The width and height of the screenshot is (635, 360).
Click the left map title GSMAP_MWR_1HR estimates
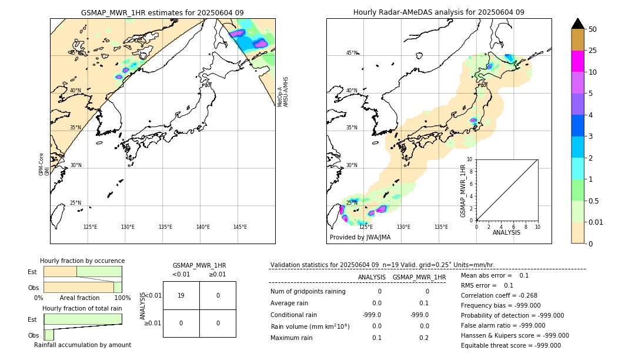pyautogui.click(x=162, y=12)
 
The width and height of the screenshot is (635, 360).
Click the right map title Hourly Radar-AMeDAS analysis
pyautogui.click(x=439, y=12)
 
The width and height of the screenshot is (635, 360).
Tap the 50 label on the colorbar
pyautogui.click(x=593, y=29)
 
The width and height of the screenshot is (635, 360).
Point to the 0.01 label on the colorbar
pyautogui.click(x=596, y=222)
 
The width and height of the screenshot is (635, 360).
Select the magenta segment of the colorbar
pyautogui.click(x=577, y=61)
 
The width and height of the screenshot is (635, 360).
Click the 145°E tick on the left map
pyautogui.click(x=240, y=227)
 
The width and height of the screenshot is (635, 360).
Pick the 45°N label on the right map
pyautogui.click(x=352, y=53)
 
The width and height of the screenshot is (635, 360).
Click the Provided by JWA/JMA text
pyautogui.click(x=360, y=238)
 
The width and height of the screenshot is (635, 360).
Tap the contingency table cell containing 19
pyautogui.click(x=181, y=295)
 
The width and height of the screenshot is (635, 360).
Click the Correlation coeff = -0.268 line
pyautogui.click(x=499, y=295)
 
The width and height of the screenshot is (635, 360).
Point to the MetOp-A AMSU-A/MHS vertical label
pyautogui.click(x=283, y=92)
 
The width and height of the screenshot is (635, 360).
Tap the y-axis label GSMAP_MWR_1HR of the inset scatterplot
pyautogui.click(x=463, y=191)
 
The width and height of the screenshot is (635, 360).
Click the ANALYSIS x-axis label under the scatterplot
pyautogui.click(x=506, y=233)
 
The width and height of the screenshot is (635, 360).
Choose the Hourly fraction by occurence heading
pyautogui.click(x=82, y=261)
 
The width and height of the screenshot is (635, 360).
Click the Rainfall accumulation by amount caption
pyautogui.click(x=82, y=345)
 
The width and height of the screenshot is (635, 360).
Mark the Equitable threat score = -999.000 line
pyautogui.click(x=510, y=345)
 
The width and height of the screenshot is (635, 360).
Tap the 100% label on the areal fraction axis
pyautogui.click(x=122, y=298)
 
